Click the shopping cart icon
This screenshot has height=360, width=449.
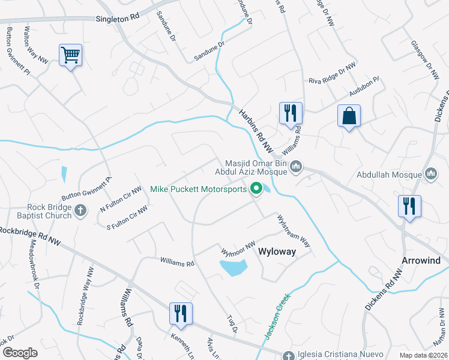70,56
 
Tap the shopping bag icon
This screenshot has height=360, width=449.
349,116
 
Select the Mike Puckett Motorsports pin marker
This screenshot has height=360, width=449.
256,189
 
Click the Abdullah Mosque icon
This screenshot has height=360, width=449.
430,175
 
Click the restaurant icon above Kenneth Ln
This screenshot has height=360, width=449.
178,312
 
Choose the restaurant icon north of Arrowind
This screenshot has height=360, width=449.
409,206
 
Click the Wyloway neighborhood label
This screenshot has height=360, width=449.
277,251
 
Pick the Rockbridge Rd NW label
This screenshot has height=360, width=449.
31,236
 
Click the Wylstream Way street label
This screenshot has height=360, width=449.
293,230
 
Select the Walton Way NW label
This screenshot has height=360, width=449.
35,43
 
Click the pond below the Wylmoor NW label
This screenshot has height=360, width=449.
234,267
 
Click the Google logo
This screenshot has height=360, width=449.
20,353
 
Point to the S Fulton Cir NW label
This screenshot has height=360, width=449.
127,217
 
